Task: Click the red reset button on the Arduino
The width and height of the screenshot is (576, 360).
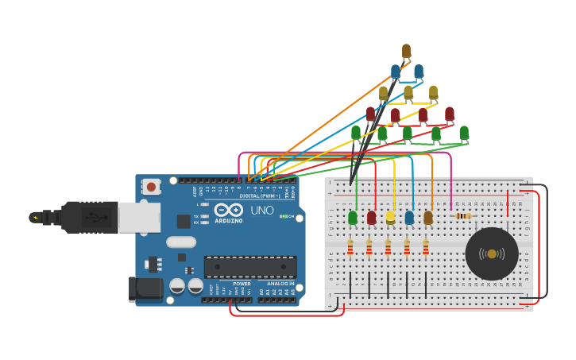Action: point(151,188)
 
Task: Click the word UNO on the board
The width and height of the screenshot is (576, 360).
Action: point(262,211)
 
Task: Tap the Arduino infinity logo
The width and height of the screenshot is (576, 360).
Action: point(228,209)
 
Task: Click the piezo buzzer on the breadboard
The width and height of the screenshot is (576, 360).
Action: point(492,254)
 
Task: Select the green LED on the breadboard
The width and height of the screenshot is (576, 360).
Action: point(353,218)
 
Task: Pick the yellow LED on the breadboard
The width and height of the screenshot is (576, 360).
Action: point(390,218)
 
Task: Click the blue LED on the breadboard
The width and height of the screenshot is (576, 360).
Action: point(409,218)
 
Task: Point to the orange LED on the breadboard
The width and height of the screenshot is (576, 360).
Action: point(428,218)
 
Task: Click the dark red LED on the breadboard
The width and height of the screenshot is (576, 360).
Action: point(371,218)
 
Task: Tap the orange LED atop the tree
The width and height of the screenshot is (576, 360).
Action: point(406,52)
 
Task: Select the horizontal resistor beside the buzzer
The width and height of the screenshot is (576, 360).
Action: point(462,215)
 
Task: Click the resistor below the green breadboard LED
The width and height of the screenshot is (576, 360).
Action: point(350,249)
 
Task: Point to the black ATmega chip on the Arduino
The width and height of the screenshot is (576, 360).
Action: point(250,267)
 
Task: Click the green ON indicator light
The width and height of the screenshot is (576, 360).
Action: point(281,216)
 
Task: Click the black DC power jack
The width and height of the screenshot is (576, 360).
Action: point(146,288)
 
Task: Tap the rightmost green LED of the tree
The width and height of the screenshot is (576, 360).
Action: point(464,133)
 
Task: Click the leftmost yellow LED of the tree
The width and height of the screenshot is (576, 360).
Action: point(383,93)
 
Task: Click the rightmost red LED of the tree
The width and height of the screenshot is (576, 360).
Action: point(450,114)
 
